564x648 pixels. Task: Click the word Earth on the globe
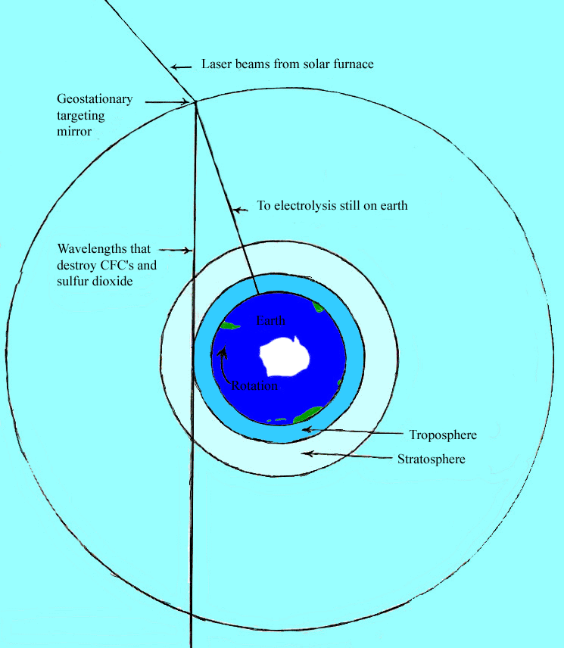pyautogui.click(x=270, y=320)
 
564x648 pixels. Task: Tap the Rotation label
pyautogui.click(x=254, y=385)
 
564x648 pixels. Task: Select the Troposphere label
pyautogui.click(x=443, y=435)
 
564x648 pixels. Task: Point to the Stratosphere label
pyautogui.click(x=432, y=460)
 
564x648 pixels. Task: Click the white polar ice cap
pyautogui.click(x=285, y=357)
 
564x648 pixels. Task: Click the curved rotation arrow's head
pyautogui.click(x=223, y=352)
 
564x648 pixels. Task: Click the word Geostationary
pyautogui.click(x=95, y=99)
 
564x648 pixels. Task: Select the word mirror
pyautogui.click(x=74, y=132)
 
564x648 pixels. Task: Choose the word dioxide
pyautogui.click(x=112, y=282)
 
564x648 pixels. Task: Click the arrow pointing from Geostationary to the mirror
pyautogui.click(x=167, y=101)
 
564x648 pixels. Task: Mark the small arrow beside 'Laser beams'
pyautogui.click(x=182, y=67)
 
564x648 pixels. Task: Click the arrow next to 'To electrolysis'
pyautogui.click(x=240, y=210)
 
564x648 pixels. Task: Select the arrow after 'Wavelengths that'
pyautogui.click(x=176, y=250)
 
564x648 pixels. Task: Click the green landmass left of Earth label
pyautogui.click(x=229, y=326)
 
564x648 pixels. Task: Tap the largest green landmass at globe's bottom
pyautogui.click(x=308, y=415)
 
